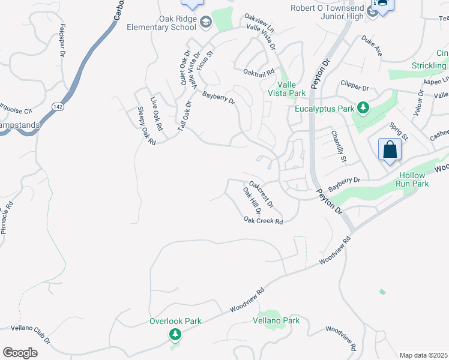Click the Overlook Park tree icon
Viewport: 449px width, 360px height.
[x=175, y=334]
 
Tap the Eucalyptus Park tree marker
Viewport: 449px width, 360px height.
[x=363, y=109]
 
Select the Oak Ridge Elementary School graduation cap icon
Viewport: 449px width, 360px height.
[x=206, y=22]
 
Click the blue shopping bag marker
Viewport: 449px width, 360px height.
[x=390, y=149]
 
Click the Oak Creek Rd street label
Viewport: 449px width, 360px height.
[x=263, y=221]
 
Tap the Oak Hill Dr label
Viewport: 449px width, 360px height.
[x=251, y=201]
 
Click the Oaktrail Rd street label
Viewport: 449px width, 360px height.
[x=259, y=71]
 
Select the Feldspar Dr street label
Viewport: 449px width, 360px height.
[x=62, y=40]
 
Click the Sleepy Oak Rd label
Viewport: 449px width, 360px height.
[x=146, y=125]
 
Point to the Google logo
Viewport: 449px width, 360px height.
[x=20, y=353]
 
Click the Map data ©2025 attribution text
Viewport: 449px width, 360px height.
[x=423, y=355]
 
